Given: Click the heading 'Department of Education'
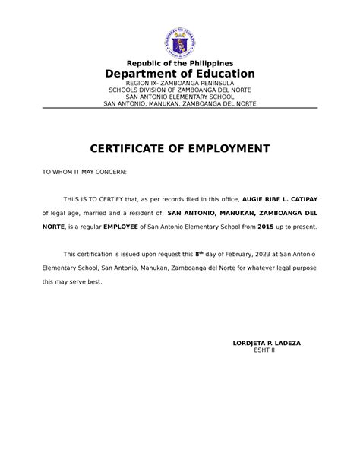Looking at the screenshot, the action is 180,74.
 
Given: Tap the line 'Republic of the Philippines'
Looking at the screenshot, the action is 180,62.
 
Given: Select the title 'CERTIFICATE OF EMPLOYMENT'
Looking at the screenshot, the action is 180,147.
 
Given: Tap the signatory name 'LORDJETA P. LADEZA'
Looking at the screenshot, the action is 266,343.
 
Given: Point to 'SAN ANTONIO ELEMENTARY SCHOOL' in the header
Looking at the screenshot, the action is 180,97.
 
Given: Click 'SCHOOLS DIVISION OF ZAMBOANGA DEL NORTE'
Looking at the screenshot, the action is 180,90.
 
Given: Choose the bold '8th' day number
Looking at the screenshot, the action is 200,253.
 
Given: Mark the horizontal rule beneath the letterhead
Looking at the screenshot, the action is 180,109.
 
